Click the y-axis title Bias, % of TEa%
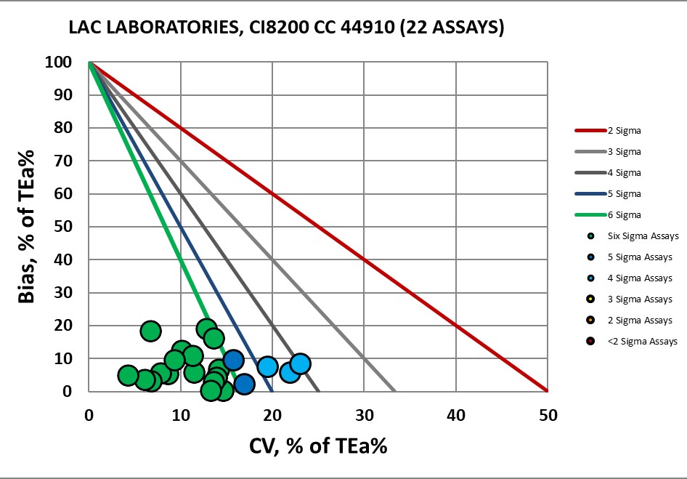(28, 227)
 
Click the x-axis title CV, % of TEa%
(317, 445)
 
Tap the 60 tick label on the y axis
(63, 194)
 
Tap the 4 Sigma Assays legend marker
(592, 278)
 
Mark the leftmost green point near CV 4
(128, 375)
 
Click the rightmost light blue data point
(300, 363)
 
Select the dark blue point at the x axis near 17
(244, 384)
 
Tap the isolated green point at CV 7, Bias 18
(150, 331)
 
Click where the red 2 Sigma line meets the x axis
(548, 391)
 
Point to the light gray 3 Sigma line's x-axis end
(394, 391)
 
